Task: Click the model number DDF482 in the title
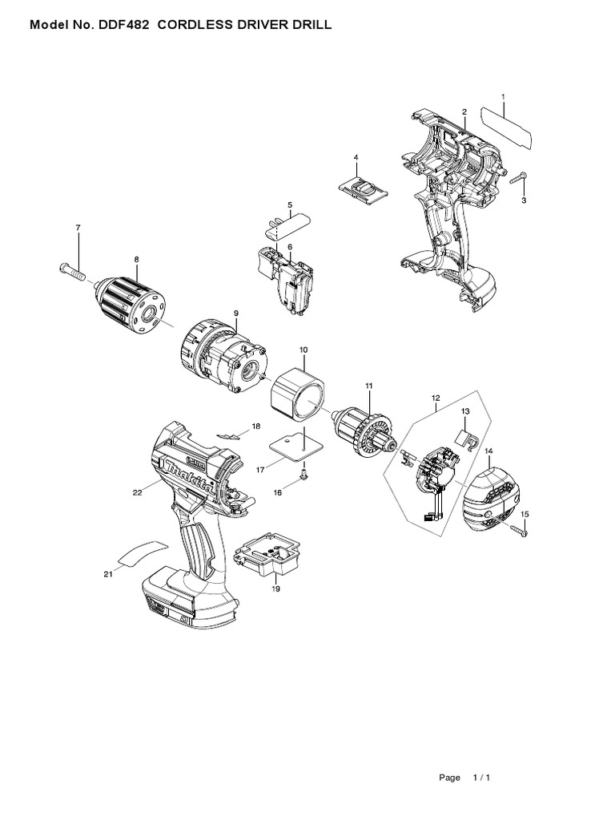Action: [x=125, y=26]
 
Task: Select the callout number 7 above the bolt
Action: [x=78, y=229]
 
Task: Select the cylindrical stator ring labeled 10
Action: [x=298, y=394]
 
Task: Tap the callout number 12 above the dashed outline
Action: [x=436, y=397]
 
